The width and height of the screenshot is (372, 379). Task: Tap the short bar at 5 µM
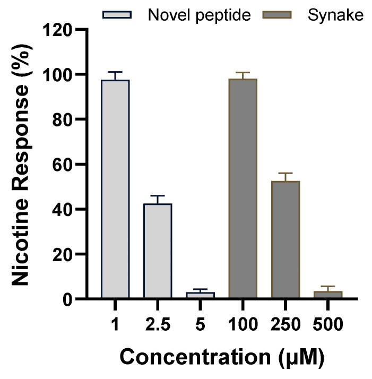tap(200, 295)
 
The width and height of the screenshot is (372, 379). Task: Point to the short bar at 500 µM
tap(328, 295)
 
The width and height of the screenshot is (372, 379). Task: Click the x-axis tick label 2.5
tap(158, 323)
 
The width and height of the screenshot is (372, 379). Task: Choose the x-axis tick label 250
tap(286, 323)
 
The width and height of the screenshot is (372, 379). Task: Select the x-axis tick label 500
tap(328, 323)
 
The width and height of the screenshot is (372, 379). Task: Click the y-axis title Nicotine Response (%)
tap(22, 165)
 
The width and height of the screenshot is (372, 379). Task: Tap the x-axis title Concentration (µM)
tap(221, 357)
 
